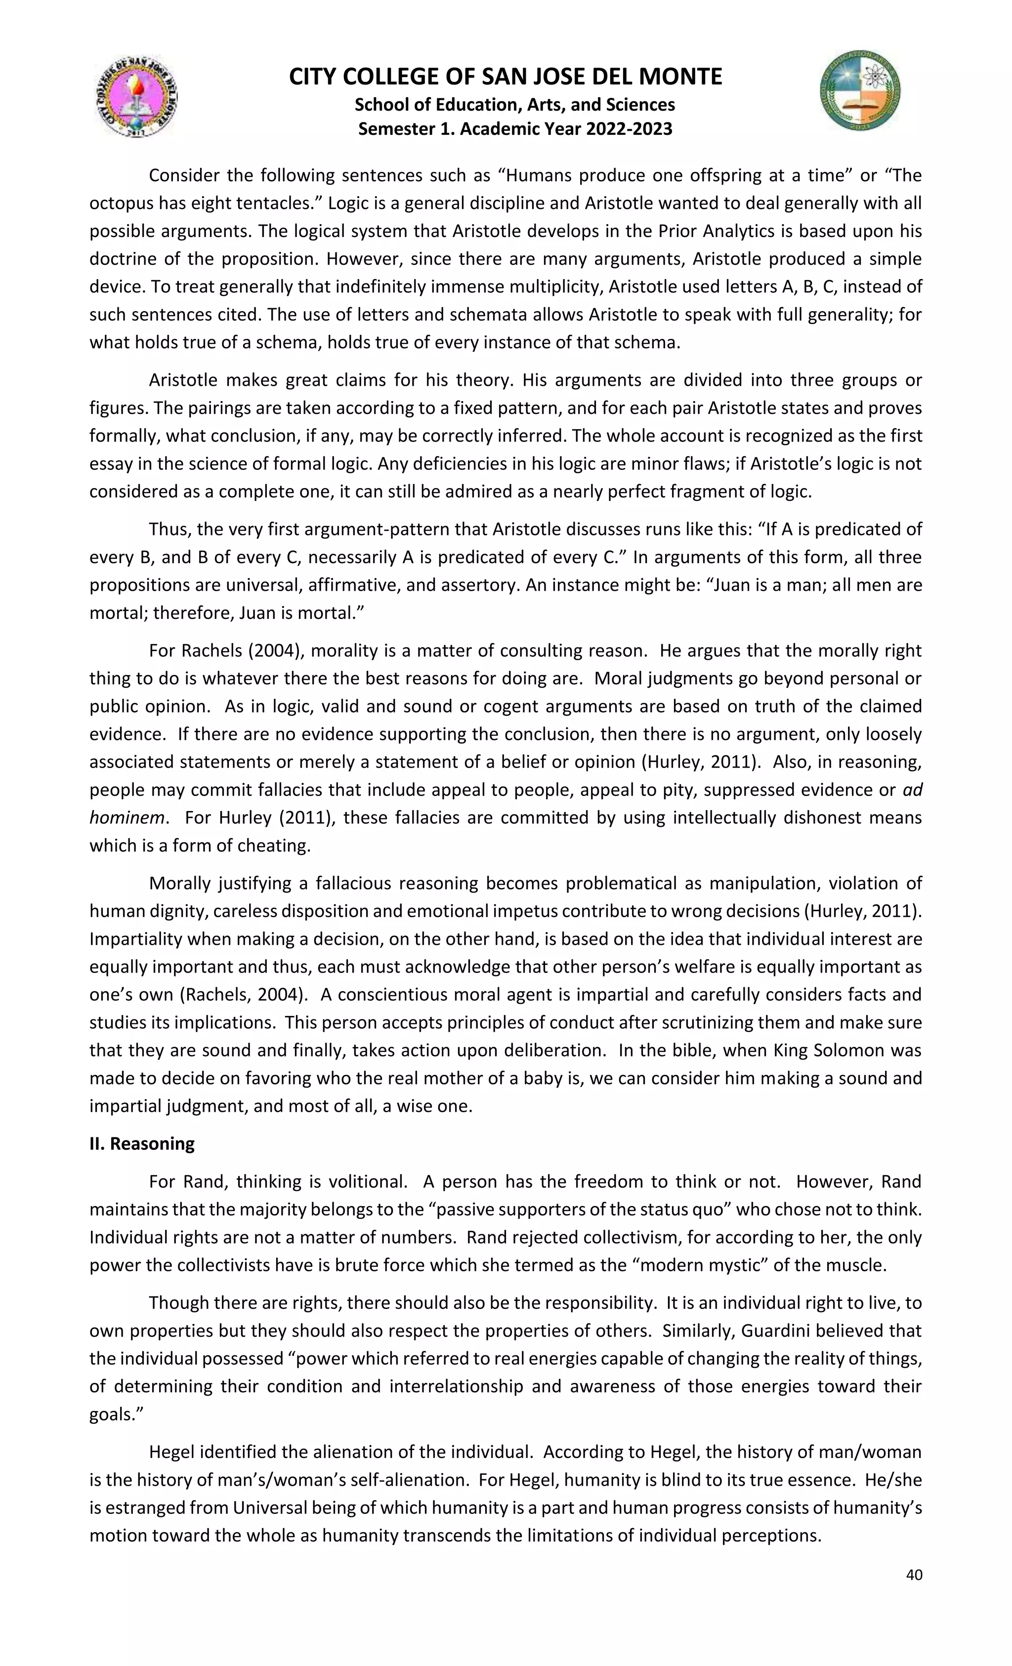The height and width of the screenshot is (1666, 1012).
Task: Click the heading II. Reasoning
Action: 142,1162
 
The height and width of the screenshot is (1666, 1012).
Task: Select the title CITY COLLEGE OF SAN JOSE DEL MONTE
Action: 506,77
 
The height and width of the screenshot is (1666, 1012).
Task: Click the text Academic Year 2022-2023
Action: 566,128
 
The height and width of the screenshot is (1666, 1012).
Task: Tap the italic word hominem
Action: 127,817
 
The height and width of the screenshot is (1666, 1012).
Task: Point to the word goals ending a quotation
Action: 112,1414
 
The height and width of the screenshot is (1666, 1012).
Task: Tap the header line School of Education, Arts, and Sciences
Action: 515,105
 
